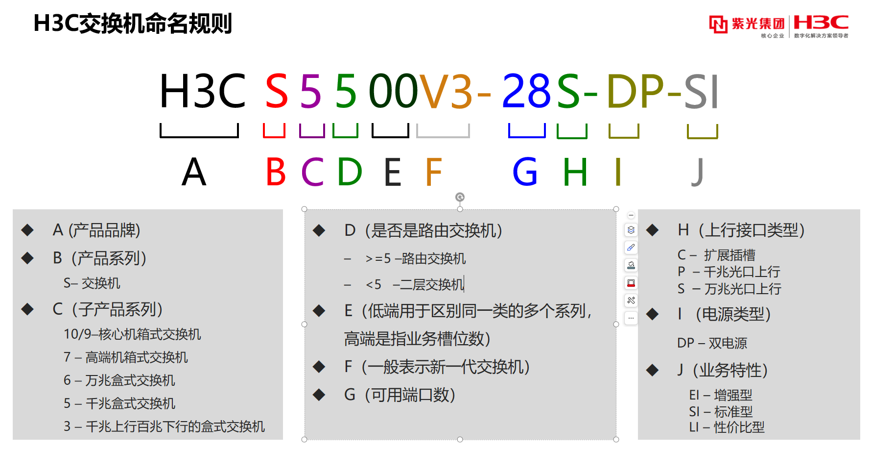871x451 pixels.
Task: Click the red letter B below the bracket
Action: click(276, 172)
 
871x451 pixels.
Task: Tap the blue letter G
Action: click(525, 172)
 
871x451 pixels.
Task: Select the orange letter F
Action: click(433, 172)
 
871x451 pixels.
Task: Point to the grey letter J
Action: click(698, 172)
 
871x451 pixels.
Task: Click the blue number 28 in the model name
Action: click(526, 91)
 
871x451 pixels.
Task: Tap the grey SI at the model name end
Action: click(701, 91)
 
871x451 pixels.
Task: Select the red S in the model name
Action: click(277, 91)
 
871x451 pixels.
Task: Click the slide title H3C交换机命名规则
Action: click(133, 24)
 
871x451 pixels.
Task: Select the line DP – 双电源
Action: click(712, 343)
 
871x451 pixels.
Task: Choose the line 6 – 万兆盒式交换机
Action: click(119, 380)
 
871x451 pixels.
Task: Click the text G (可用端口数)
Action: click(400, 395)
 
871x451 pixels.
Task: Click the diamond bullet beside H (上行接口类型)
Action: click(652, 230)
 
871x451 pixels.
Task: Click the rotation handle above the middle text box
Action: click(460, 197)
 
